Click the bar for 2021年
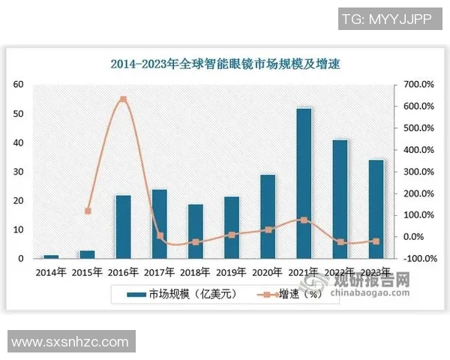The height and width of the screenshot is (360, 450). click(304, 184)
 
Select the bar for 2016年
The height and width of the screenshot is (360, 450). click(123, 226)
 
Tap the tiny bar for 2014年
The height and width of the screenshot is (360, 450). click(51, 256)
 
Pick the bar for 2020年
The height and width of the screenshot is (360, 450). click(268, 217)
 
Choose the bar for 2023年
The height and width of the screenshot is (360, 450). click(376, 209)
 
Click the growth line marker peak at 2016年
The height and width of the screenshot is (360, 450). click(123, 99)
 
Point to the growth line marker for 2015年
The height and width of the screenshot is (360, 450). click(88, 211)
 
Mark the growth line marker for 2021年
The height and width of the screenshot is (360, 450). click(304, 220)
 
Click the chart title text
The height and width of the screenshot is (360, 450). click(225, 65)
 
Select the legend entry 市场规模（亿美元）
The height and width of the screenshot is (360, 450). click(184, 295)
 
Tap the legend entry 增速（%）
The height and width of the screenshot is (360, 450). click(289, 295)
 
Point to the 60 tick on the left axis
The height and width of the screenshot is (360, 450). click(19, 85)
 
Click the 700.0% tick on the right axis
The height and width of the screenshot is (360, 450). click(418, 85)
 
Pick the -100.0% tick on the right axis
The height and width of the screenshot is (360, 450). click(416, 259)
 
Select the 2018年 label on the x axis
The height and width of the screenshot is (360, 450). click(195, 272)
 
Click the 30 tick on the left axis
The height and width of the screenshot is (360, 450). click(19, 172)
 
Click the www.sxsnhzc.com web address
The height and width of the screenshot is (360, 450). click(70, 341)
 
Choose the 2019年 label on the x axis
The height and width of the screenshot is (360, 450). click(231, 272)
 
